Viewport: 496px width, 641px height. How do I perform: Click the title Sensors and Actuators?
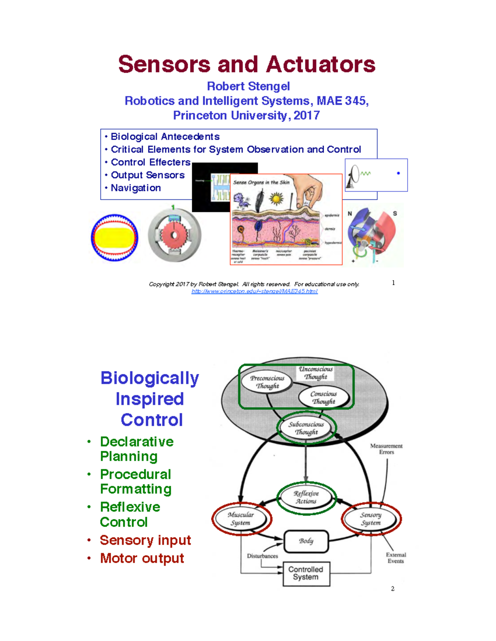pos(247,65)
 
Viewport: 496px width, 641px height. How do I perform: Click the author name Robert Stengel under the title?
pos(248,86)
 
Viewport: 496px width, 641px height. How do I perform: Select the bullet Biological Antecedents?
pos(165,137)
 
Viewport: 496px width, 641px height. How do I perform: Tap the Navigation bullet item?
pos(136,188)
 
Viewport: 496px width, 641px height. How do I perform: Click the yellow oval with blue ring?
pos(114,238)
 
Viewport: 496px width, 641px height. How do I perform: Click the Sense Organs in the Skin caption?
pos(261,182)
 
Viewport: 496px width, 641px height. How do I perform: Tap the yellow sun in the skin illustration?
pos(276,199)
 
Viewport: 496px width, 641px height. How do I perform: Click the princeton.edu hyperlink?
pos(254,291)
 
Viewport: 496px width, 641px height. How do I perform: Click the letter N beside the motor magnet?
pos(350,213)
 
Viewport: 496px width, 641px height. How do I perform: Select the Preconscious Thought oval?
pos(267,382)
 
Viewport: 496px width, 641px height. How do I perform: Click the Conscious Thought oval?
pos(324,397)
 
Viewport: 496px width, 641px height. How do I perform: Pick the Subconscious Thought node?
pos(306,428)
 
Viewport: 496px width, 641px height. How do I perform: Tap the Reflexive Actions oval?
pos(306,497)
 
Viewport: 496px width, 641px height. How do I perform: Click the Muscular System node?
pos(241,519)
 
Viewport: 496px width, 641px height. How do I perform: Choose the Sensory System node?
pos(371,519)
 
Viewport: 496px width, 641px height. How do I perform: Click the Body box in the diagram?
pos(306,541)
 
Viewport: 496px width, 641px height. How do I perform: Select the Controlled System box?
pos(306,573)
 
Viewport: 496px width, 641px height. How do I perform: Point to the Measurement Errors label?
pos(386,449)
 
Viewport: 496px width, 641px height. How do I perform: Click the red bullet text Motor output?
pos(142,558)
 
